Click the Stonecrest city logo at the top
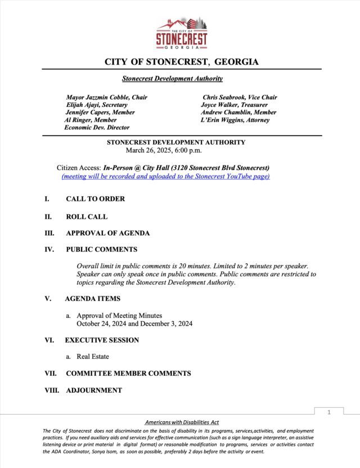[182, 34]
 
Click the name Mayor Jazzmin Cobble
[106, 97]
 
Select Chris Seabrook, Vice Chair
[240, 97]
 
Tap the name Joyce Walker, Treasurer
[234, 105]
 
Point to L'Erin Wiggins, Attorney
[235, 120]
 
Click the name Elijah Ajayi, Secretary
[96, 105]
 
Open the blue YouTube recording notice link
[165, 177]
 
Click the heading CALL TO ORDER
[95, 199]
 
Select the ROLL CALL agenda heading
[87, 217]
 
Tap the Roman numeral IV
[49, 249]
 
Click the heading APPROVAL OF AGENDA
[107, 233]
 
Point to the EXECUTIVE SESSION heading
[102, 340]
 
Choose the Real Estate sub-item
[93, 357]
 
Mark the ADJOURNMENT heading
[93, 390]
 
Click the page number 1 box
[328, 412]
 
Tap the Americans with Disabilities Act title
[181, 422]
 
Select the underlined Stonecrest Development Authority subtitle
[172, 79]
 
